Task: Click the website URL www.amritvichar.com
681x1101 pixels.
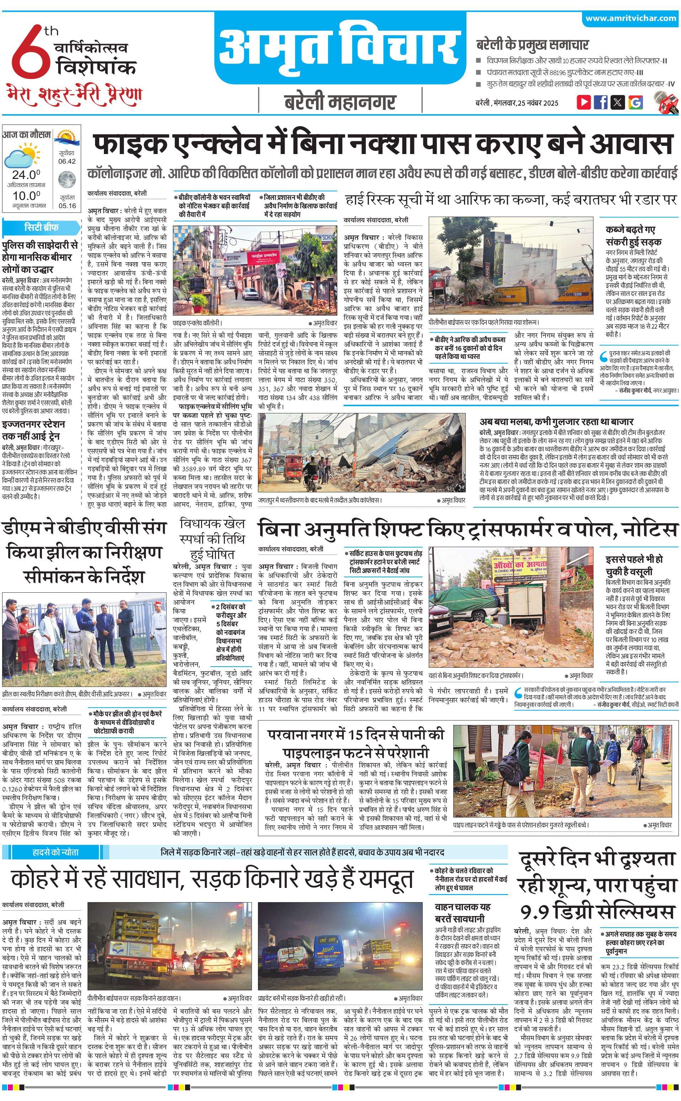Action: pos(630,18)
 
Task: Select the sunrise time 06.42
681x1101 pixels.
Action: pos(67,161)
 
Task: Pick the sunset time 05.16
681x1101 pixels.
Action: pos(67,206)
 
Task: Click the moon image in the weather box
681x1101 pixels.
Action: pos(67,180)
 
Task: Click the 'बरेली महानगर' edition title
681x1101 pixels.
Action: pos(340,102)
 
